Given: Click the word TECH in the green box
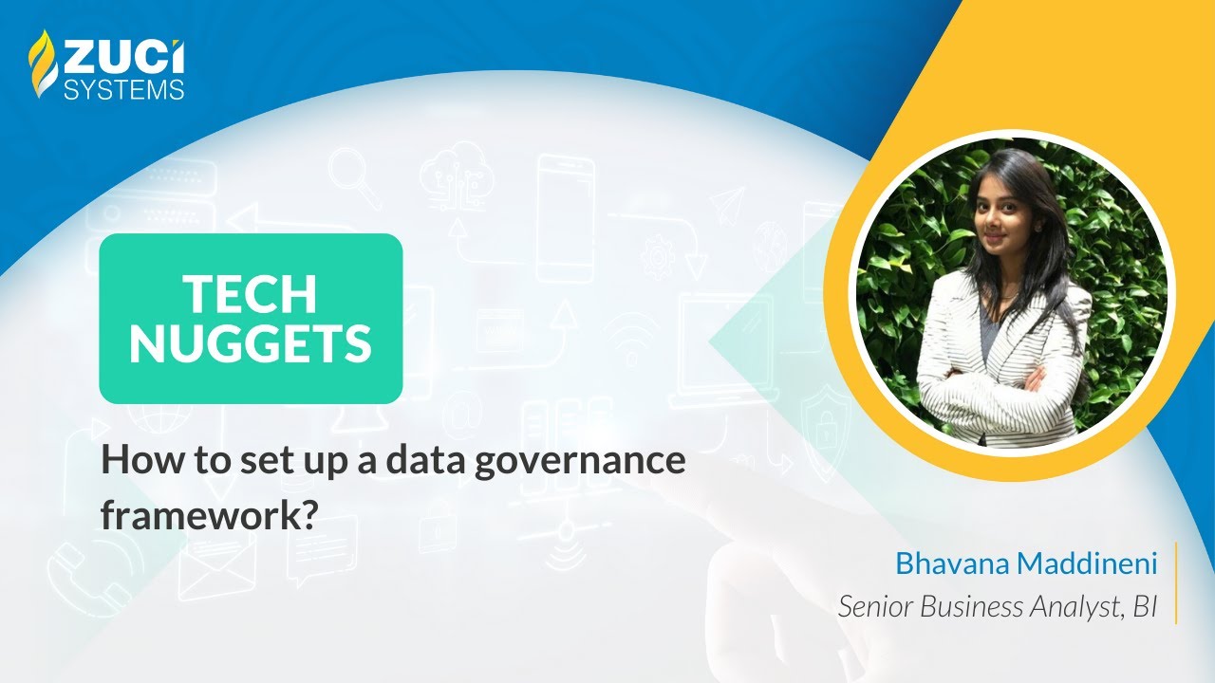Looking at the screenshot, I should pos(251,294).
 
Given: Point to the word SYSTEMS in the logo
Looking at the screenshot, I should pos(122,89).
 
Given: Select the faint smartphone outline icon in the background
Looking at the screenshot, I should pos(565,218).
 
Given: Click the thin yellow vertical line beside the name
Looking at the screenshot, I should pos(1176,583).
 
